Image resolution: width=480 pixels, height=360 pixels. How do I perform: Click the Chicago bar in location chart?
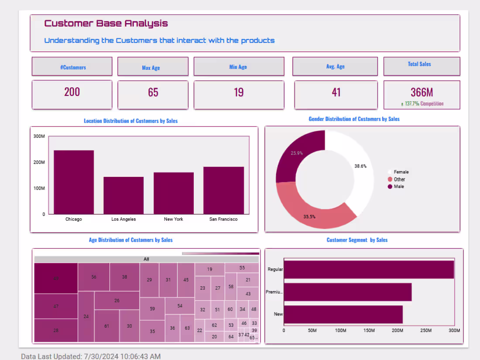coord(74,182)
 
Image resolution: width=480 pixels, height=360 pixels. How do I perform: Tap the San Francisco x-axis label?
coord(223,219)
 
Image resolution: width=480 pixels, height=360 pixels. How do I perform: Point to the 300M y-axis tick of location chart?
coord(39,136)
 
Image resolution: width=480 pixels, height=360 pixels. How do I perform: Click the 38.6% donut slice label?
coord(360,166)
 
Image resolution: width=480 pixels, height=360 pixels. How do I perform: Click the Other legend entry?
coord(399,179)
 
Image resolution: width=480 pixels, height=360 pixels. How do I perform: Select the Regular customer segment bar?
coord(369,269)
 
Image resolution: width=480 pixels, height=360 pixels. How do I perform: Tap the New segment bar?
coord(343,314)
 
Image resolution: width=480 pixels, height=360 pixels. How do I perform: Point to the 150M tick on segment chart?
coord(369,330)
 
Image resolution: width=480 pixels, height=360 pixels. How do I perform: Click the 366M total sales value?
coord(422,92)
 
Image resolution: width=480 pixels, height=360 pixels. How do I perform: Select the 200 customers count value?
coord(72,92)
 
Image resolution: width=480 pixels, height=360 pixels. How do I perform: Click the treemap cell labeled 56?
coord(94,277)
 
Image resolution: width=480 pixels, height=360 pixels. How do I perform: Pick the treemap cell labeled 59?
coord(152,309)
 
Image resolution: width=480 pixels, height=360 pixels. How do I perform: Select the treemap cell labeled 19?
coord(209,269)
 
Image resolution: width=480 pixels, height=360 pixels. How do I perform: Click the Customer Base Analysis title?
coord(106,24)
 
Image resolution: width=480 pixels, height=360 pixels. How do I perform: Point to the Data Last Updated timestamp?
coord(91,356)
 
